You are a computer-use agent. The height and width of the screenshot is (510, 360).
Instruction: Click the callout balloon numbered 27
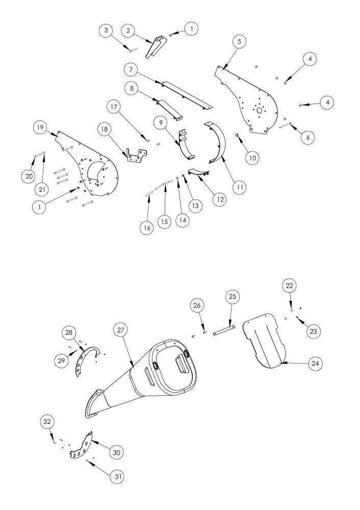tap(121, 330)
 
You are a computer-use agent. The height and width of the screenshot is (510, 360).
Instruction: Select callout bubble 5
tap(239, 41)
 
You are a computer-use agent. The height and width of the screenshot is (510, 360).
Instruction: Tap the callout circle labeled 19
tap(40, 127)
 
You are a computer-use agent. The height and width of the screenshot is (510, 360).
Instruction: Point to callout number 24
tap(316, 363)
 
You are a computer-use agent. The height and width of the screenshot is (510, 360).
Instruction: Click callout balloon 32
tap(47, 422)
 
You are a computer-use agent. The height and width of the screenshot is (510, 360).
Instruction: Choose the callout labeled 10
tap(253, 158)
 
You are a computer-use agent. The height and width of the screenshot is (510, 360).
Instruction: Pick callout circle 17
tap(115, 107)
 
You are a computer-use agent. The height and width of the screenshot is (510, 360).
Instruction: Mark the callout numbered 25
tap(233, 297)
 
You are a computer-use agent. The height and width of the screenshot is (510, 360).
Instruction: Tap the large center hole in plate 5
tap(259, 111)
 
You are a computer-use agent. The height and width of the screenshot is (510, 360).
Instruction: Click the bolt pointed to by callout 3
tap(133, 50)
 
